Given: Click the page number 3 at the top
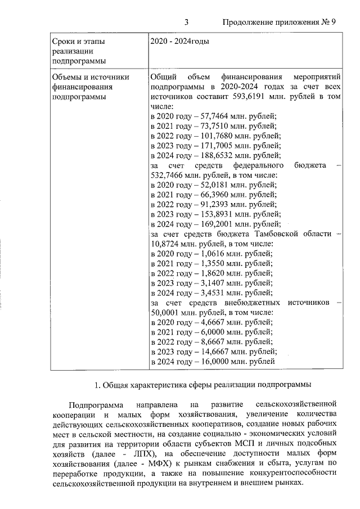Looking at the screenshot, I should point(186,22).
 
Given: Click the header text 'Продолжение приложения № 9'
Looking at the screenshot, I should point(279,22).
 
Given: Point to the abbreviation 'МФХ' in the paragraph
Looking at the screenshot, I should point(146,463).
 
